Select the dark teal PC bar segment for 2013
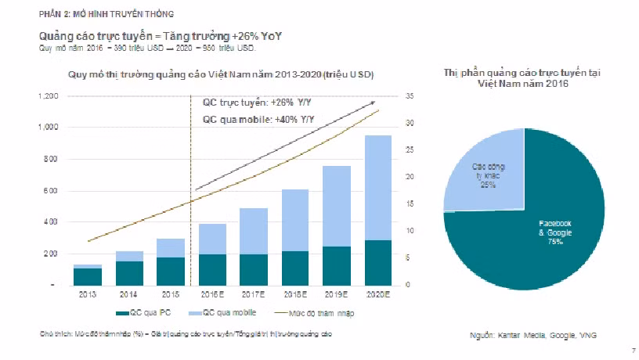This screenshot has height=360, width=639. click(x=88, y=276)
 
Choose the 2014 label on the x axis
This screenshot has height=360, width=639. click(x=128, y=295)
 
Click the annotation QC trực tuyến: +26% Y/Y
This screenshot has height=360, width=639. click(x=246, y=103)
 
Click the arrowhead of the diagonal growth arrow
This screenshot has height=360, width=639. click(x=374, y=103)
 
